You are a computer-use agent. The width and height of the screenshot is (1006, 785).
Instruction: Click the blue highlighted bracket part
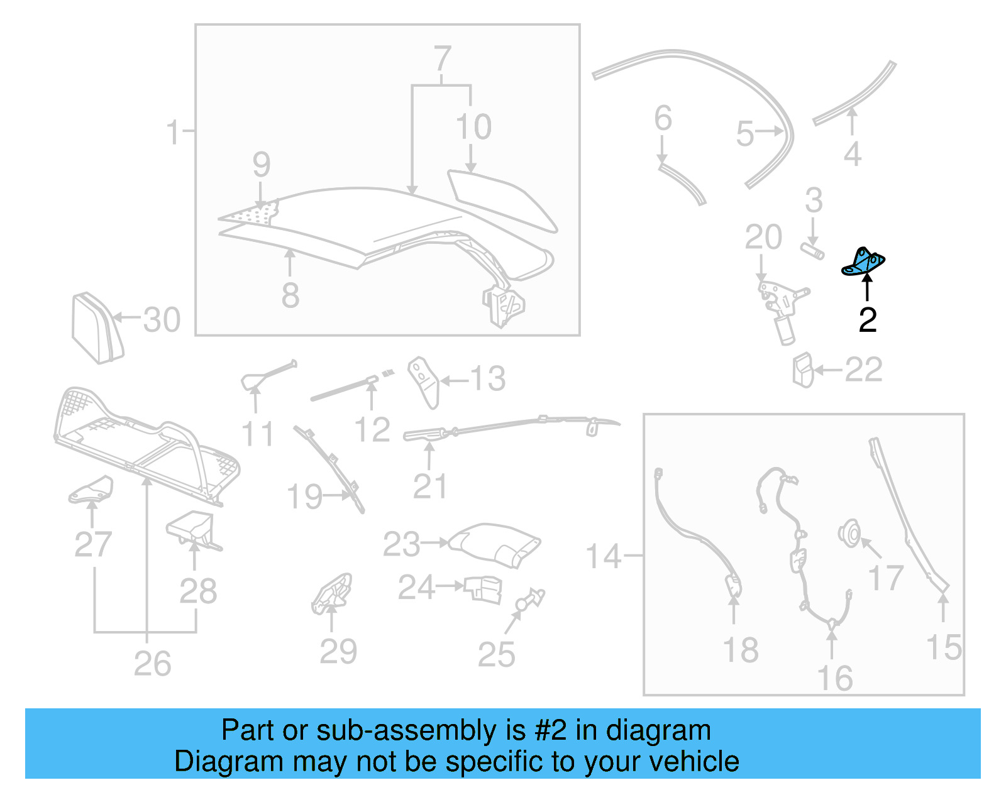click(x=863, y=262)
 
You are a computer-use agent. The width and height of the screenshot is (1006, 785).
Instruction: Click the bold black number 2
click(x=867, y=320)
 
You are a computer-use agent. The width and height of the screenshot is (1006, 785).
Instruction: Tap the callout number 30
click(x=161, y=320)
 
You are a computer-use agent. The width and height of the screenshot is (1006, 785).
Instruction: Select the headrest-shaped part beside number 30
click(x=96, y=327)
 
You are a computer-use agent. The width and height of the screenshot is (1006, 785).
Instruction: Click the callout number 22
click(x=863, y=370)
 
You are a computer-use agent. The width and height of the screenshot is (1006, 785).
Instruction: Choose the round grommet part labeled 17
click(x=849, y=534)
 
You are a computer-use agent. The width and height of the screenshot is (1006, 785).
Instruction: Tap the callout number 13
click(x=487, y=379)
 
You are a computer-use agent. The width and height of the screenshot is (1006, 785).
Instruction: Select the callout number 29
click(x=338, y=651)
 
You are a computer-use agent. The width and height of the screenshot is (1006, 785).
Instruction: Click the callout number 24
click(x=416, y=587)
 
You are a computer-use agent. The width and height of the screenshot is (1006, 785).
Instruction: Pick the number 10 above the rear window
click(x=473, y=127)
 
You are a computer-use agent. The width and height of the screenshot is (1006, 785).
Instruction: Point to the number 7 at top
click(x=443, y=59)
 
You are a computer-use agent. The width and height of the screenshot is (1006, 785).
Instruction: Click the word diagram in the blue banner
click(x=658, y=731)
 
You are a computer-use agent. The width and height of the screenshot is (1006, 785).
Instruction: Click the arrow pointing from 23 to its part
click(x=434, y=542)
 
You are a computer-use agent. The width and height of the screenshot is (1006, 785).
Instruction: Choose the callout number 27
click(x=93, y=544)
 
